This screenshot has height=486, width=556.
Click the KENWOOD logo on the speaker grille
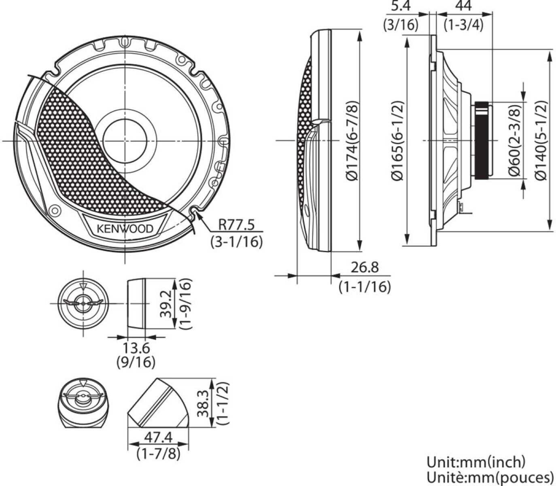click(x=125, y=229)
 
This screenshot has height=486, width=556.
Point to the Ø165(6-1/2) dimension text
click(x=398, y=140)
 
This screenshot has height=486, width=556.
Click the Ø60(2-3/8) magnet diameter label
click(x=515, y=140)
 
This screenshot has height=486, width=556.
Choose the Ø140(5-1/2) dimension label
click(x=541, y=140)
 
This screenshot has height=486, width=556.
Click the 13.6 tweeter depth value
click(x=136, y=347)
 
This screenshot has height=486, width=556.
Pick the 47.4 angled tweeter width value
click(x=158, y=437)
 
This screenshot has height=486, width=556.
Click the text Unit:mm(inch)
click(x=476, y=462)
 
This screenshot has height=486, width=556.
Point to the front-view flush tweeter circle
click(x=83, y=303)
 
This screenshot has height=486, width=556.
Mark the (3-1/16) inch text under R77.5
click(x=236, y=242)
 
